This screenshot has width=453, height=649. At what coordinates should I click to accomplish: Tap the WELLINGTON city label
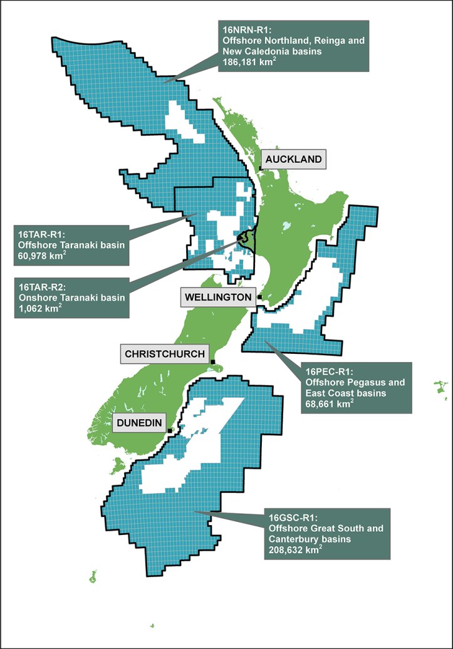point(218,297)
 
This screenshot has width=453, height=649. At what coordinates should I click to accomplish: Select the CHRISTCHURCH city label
point(165,354)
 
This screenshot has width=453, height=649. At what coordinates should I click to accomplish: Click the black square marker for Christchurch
point(213,361)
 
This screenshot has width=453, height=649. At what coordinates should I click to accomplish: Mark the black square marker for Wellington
point(259,297)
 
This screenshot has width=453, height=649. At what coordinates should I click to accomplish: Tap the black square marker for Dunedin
point(169,430)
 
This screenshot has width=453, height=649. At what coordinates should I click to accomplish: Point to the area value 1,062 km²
point(40,308)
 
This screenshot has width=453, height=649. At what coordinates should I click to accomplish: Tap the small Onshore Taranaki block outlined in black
point(247,239)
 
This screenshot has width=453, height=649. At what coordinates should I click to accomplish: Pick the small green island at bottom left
point(93,576)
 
